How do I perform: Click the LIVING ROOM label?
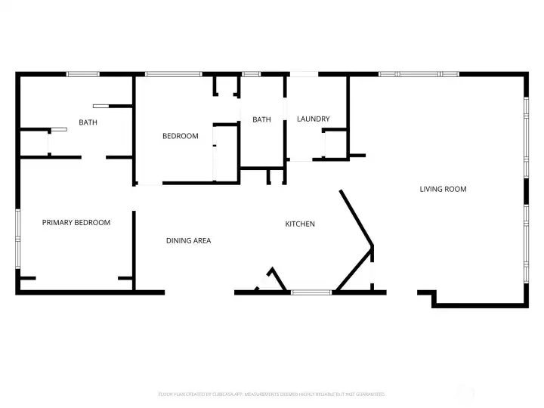tap(443, 189)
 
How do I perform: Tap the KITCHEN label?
tap(300, 224)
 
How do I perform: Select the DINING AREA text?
tap(188, 240)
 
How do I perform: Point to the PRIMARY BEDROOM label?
tap(76, 222)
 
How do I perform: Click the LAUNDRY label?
tap(313, 119)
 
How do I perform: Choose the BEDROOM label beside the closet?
tap(181, 136)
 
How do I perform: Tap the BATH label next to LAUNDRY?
tap(261, 119)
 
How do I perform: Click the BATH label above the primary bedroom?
tap(88, 122)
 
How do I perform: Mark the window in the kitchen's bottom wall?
tap(311, 292)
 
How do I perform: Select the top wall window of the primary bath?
tap(83, 74)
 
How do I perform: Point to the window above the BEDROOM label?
tap(173, 74)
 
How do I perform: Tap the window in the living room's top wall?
tap(419, 74)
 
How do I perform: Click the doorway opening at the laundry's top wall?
tap(304, 74)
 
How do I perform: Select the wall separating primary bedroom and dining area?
tap(134, 249)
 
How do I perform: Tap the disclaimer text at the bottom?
tap(271, 394)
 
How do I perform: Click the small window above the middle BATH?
tap(251, 74)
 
